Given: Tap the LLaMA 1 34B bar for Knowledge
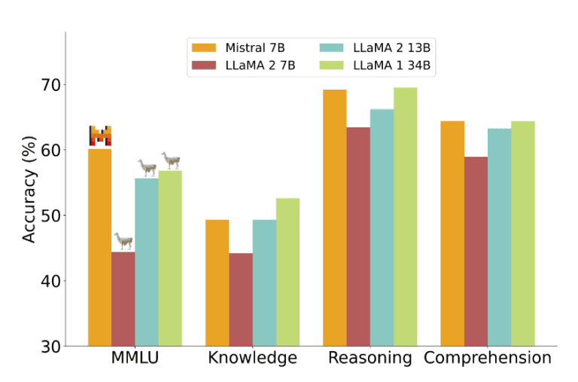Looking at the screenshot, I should [287, 272].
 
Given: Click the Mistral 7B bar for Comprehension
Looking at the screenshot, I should [452, 233].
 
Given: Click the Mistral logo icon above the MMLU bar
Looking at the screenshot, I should [100, 136].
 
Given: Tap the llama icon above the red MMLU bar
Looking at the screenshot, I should [123, 241].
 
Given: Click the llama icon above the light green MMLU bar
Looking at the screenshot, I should [171, 160].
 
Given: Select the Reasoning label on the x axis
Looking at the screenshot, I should [370, 358].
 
